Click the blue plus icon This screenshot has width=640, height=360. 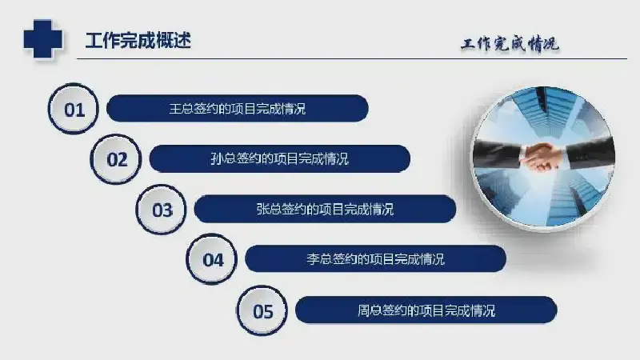pyautogui.click(x=43, y=38)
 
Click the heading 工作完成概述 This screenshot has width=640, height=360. pyautogui.click(x=138, y=41)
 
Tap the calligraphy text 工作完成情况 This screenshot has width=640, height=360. pyautogui.click(x=510, y=44)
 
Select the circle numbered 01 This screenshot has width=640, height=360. pyautogui.click(x=74, y=109)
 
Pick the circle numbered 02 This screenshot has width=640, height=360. pyautogui.click(x=116, y=158)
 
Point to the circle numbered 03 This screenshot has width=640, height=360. pyautogui.click(x=162, y=210)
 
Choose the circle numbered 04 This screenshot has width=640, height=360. pyautogui.click(x=211, y=259)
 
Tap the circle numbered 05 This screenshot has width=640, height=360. pyautogui.click(x=262, y=310)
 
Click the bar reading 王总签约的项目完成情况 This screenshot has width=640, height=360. pyautogui.click(x=237, y=109)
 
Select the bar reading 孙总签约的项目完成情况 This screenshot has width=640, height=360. pyautogui.click(x=279, y=158)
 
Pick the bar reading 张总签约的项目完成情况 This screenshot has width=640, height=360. pyautogui.click(x=325, y=209)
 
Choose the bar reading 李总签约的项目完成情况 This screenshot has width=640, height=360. pyautogui.click(x=375, y=258)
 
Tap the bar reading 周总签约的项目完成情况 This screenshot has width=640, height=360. pyautogui.click(x=426, y=310)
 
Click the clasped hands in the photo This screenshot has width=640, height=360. pyautogui.click(x=542, y=156)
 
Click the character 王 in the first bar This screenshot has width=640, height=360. pyautogui.click(x=175, y=109)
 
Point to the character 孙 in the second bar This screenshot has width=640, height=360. pyautogui.click(x=217, y=158)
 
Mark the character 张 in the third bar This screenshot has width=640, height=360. pyautogui.click(x=262, y=210)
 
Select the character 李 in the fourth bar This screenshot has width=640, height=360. pyautogui.click(x=313, y=259)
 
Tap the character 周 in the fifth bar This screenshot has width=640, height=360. pyautogui.click(x=363, y=310)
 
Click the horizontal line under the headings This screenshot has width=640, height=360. pyautogui.click(x=352, y=58)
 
